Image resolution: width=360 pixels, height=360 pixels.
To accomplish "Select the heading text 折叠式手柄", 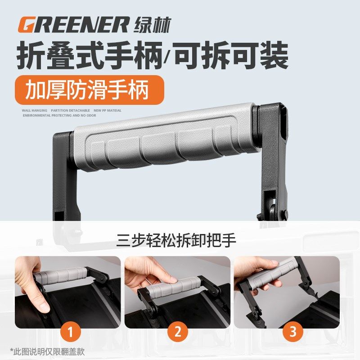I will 86,56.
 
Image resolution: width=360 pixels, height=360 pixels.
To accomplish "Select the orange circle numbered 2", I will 178,332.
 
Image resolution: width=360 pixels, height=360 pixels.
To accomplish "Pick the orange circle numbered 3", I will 293,332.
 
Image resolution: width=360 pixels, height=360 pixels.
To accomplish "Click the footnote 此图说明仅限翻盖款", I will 47,351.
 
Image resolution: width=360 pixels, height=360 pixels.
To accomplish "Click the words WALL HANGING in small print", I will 34,110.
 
